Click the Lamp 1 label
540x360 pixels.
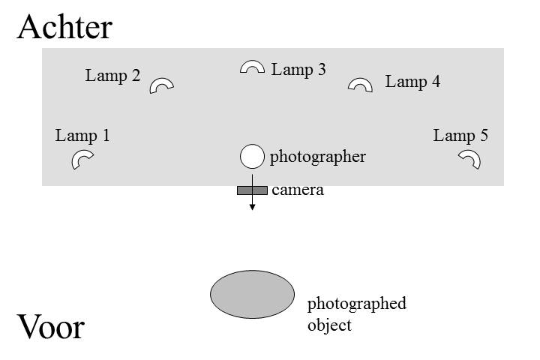pyautogui.click(x=82, y=136)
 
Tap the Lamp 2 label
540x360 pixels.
pyautogui.click(x=112, y=76)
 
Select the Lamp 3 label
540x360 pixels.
pyautogui.click(x=298, y=70)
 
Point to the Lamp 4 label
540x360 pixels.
pyautogui.click(x=412, y=82)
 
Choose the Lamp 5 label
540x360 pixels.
pyautogui.click(x=460, y=136)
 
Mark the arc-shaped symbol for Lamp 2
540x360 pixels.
pyautogui.click(x=158, y=82)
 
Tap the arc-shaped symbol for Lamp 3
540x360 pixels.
pyautogui.click(x=253, y=63)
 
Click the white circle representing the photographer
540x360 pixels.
pyautogui.click(x=253, y=157)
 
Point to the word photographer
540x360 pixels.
pyautogui.click(x=317, y=157)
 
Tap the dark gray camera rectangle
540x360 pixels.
pyautogui.click(x=253, y=190)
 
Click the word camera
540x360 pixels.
pyautogui.click(x=298, y=190)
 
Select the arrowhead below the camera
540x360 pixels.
pyautogui.click(x=253, y=207)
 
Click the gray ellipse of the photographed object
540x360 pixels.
pyautogui.click(x=253, y=294)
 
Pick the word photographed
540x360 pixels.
pyautogui.click(x=357, y=304)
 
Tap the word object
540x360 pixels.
pyautogui.click(x=329, y=325)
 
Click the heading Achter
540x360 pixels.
pyautogui.click(x=64, y=27)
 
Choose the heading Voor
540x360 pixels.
pyautogui.click(x=51, y=327)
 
